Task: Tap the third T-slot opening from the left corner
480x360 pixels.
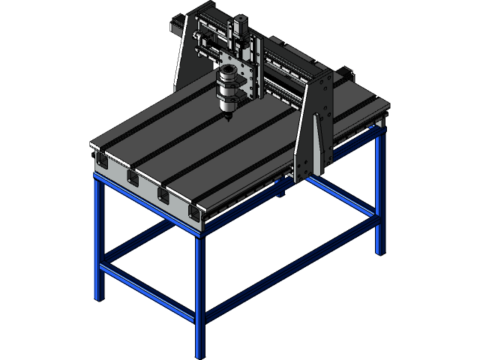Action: pos(163,196)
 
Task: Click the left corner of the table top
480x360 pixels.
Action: pos(91,144)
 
